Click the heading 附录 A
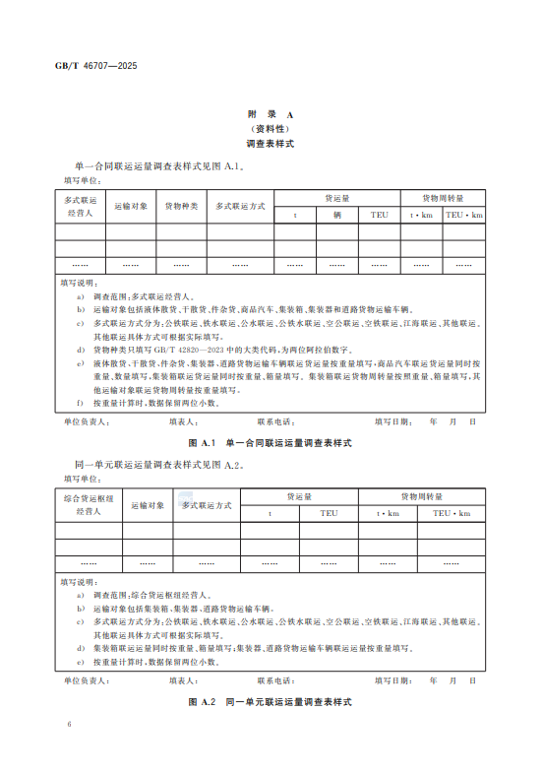coord(271,115)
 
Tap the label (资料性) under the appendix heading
coord(271,129)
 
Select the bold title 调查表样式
coord(271,144)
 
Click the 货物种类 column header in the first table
coord(181,206)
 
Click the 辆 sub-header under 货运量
coord(336,215)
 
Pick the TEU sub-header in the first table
coord(379,215)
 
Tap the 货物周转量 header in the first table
coord(443,198)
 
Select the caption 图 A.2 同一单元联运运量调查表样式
coord(271,703)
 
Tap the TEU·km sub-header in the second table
coord(452,513)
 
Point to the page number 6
coord(70,724)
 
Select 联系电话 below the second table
coord(275,680)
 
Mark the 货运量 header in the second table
coord(299,496)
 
